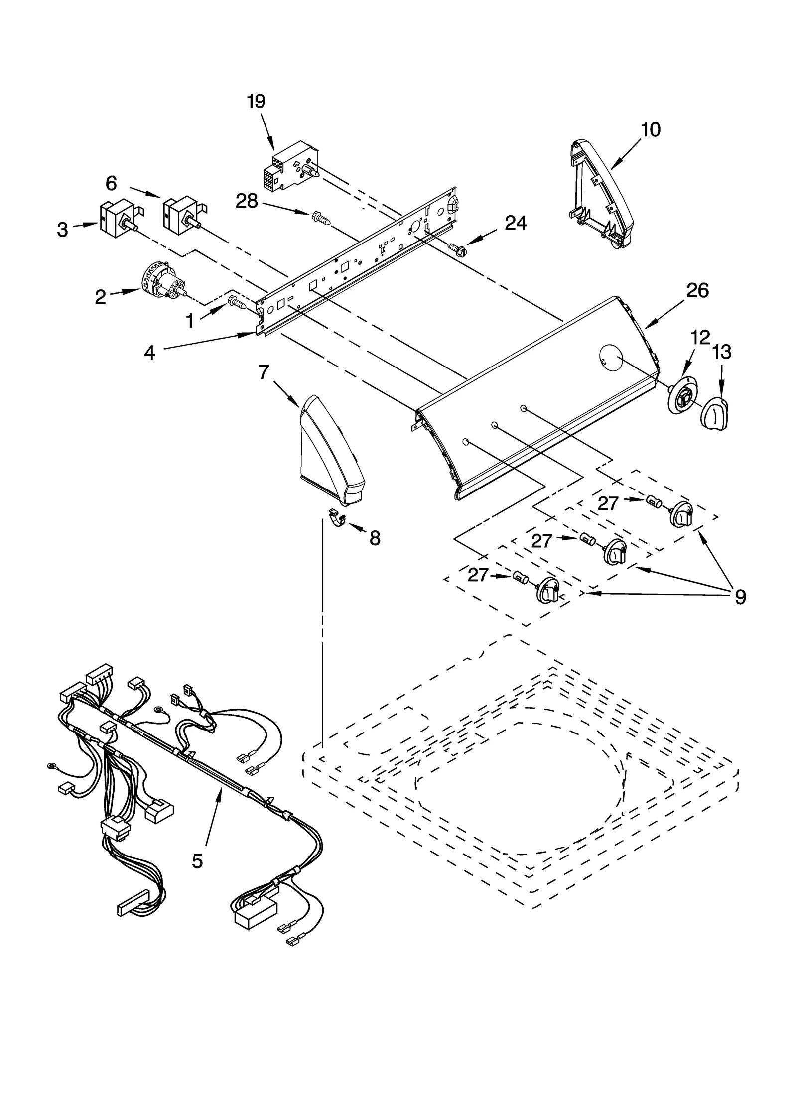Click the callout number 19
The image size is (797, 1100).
pos(256,102)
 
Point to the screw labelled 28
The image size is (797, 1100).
pos(321,219)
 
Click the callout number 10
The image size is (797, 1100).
pos(650,130)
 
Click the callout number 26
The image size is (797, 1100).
pos(697,291)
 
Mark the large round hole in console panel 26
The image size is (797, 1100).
pos(610,358)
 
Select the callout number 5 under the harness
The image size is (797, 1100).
pos(197,860)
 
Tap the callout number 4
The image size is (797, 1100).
pos(149,353)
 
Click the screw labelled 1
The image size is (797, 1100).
pos(237,302)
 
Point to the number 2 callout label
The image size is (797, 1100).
pos(100,297)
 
